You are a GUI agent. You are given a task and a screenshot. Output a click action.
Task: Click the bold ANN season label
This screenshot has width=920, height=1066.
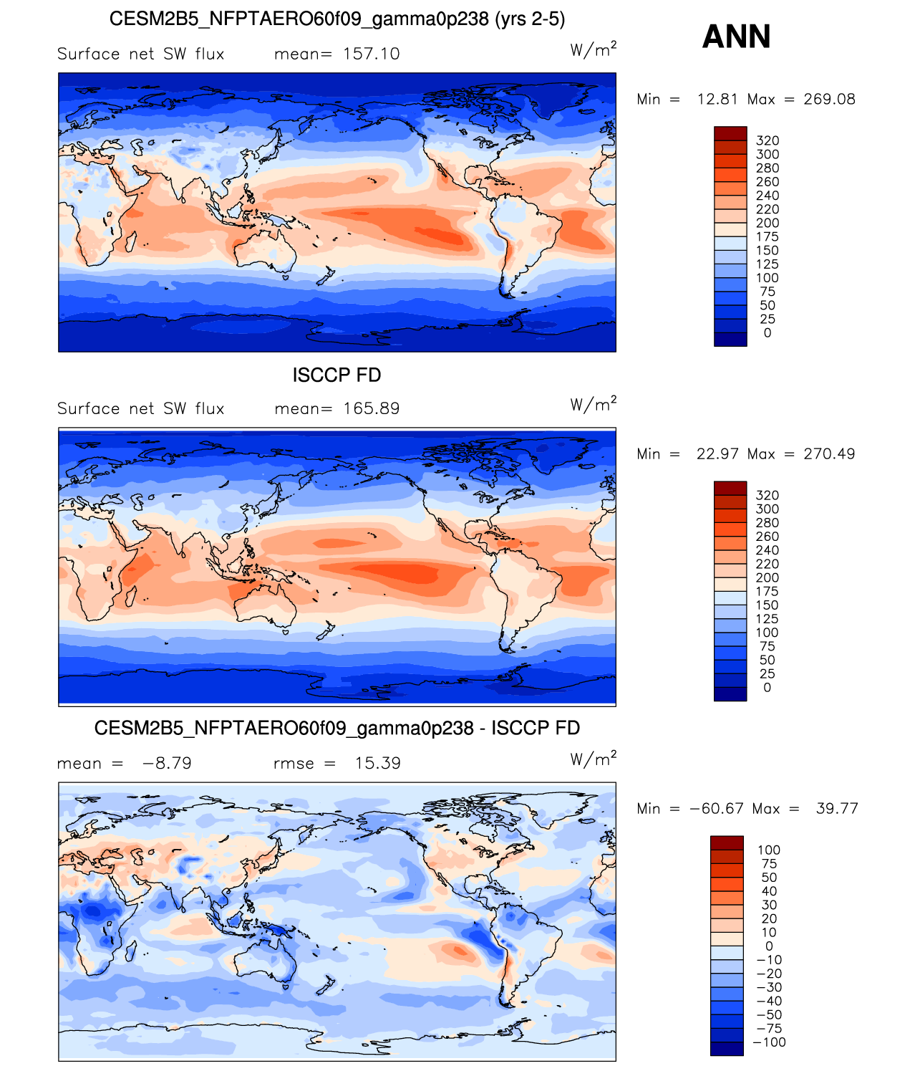735,37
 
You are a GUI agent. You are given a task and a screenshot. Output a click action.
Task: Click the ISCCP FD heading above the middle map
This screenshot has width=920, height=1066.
336,375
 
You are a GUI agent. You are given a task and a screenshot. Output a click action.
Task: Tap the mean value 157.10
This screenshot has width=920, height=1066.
371,54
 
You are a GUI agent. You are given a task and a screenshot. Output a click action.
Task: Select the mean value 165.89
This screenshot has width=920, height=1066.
371,408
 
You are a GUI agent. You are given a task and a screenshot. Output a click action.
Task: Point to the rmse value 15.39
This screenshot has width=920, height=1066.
377,763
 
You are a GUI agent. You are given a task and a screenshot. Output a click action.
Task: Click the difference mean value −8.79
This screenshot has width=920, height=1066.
167,763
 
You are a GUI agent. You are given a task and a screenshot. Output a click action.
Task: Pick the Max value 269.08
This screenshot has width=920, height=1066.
829,99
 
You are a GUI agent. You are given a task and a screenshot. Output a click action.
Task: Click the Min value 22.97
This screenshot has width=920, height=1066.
719,453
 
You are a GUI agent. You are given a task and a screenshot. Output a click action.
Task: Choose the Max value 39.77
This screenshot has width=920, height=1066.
836,809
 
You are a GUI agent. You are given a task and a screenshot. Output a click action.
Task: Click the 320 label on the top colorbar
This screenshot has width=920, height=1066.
768,141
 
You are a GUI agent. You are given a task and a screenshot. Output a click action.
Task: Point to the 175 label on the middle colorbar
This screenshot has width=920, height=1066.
767,592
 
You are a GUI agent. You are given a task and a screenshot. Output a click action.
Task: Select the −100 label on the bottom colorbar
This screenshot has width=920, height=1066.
769,1042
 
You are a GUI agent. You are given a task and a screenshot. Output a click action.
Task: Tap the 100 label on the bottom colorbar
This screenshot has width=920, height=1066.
769,850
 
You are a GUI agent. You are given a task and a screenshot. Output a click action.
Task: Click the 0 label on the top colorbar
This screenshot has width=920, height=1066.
768,333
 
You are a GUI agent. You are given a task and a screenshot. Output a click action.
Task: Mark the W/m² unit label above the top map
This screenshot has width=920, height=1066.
594,49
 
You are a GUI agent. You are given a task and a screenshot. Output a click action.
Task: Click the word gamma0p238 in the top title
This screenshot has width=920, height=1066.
430,19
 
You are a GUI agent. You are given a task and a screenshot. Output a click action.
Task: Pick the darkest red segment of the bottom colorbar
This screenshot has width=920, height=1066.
727,842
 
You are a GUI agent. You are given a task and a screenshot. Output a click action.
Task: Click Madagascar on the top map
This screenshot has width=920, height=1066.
131,241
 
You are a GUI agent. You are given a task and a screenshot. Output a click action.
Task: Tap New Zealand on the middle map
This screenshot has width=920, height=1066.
326,631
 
